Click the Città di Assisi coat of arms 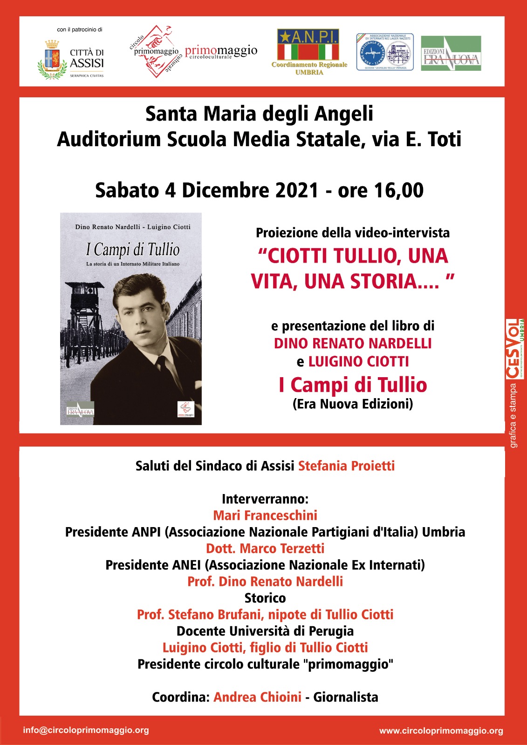[52, 60]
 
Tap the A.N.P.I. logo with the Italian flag [308, 45]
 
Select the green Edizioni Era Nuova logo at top [451, 54]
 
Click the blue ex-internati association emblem [384, 52]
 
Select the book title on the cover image [132, 250]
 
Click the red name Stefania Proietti [346, 466]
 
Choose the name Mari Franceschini [265, 515]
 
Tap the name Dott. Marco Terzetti [265, 549]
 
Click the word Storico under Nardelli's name [265, 598]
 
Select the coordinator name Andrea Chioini [257, 697]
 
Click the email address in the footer [86, 730]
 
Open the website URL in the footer [441, 731]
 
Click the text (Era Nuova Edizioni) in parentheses [352, 404]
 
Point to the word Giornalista [345, 697]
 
